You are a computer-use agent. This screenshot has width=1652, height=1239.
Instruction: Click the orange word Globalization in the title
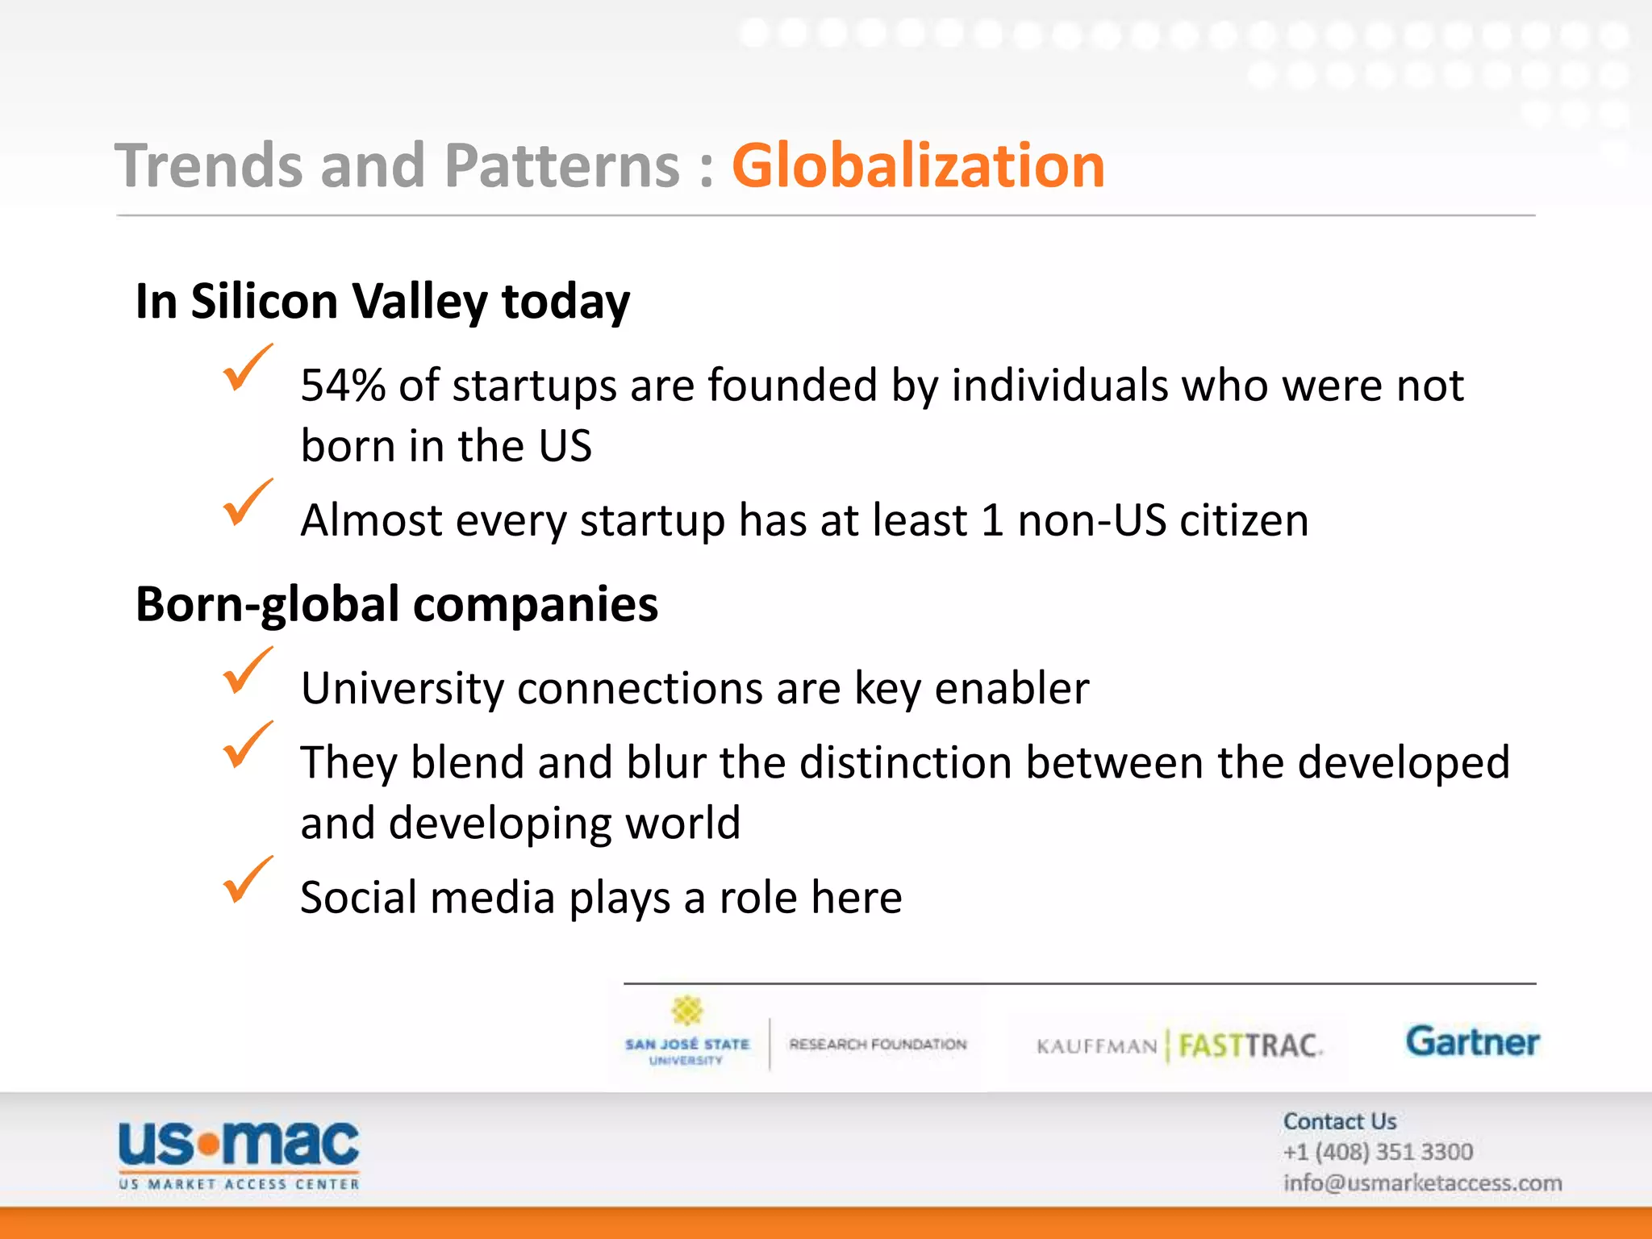click(x=917, y=165)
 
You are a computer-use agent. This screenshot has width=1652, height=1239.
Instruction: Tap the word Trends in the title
click(x=209, y=165)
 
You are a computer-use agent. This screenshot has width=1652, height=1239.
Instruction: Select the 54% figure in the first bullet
click(x=343, y=386)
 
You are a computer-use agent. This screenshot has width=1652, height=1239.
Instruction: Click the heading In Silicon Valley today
click(x=382, y=301)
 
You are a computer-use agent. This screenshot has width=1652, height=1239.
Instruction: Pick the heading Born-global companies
click(x=396, y=604)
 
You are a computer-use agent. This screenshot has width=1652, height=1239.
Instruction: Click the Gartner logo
click(x=1472, y=1041)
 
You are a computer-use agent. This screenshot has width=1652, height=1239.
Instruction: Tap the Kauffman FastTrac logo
click(x=1179, y=1046)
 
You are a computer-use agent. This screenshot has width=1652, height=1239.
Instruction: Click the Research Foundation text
click(x=878, y=1045)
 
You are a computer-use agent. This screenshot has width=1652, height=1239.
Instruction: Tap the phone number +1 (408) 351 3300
click(x=1378, y=1152)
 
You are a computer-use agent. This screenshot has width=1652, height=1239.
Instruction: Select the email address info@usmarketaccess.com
click(x=1422, y=1183)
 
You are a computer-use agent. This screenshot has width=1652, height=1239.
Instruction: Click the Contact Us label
click(x=1340, y=1121)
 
